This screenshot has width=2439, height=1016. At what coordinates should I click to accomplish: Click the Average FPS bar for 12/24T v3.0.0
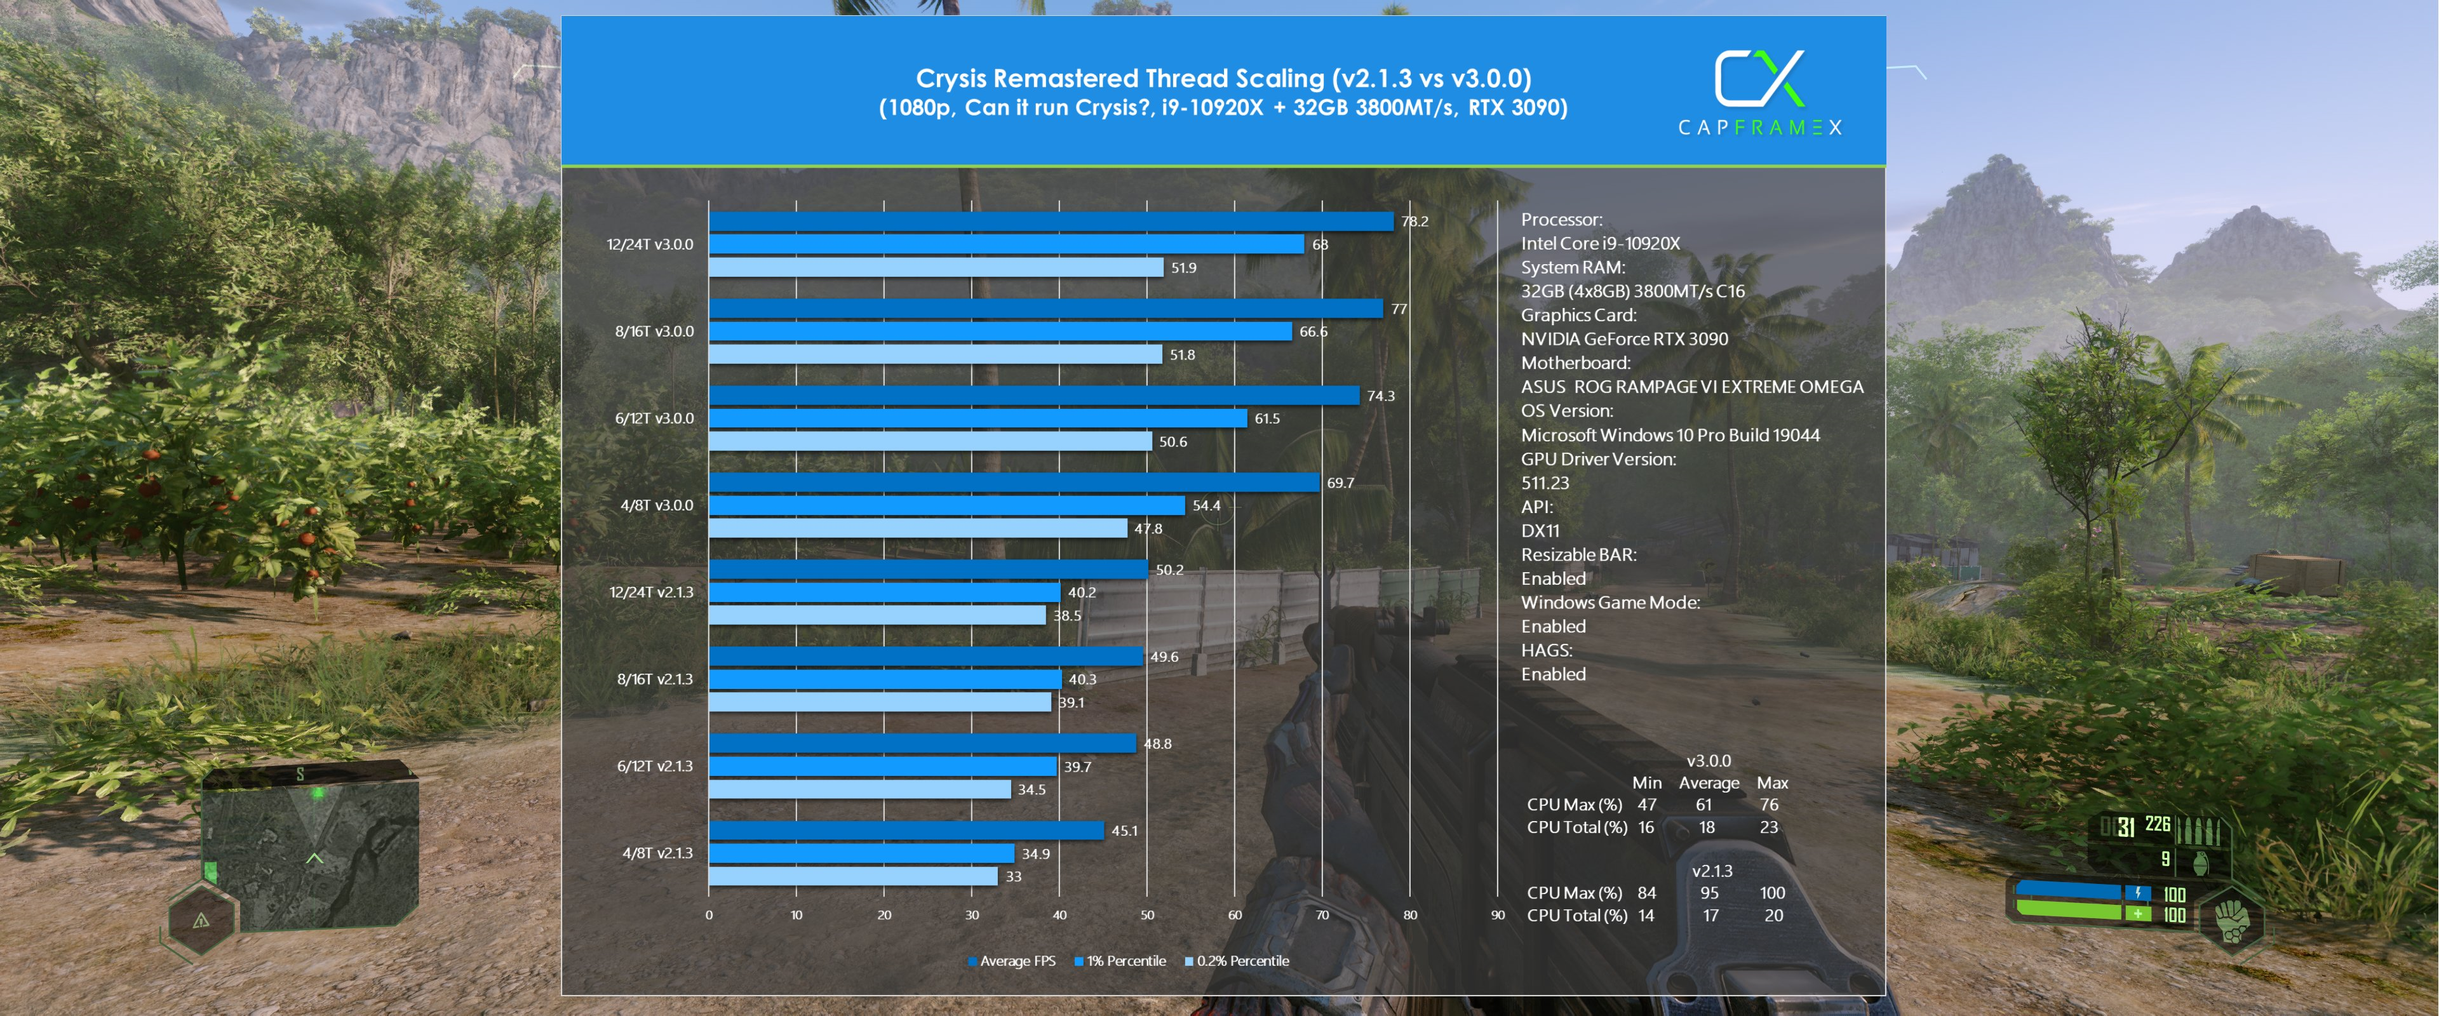pyautogui.click(x=1051, y=220)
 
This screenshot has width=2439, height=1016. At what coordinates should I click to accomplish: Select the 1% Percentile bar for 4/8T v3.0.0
pyautogui.click(x=947, y=505)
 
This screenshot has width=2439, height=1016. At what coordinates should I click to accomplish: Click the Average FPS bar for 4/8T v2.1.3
pyautogui.click(x=906, y=831)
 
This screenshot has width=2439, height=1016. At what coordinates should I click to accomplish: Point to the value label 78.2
pyautogui.click(x=1414, y=222)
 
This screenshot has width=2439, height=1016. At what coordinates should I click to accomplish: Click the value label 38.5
pyautogui.click(x=1067, y=615)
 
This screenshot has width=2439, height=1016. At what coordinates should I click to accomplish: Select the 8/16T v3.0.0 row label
pyautogui.click(x=654, y=331)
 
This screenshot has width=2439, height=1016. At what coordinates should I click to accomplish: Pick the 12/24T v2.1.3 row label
pyautogui.click(x=652, y=592)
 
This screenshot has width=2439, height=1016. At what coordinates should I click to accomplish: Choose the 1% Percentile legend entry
pyautogui.click(x=1120, y=961)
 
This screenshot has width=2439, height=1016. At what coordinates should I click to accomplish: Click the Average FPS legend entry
pyautogui.click(x=1011, y=961)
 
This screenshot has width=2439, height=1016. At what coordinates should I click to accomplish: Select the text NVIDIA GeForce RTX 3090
pyautogui.click(x=1624, y=339)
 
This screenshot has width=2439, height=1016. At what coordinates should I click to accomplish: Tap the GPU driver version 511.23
pyautogui.click(x=1544, y=483)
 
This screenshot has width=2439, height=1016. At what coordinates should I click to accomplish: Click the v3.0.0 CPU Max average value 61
pyautogui.click(x=1703, y=805)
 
